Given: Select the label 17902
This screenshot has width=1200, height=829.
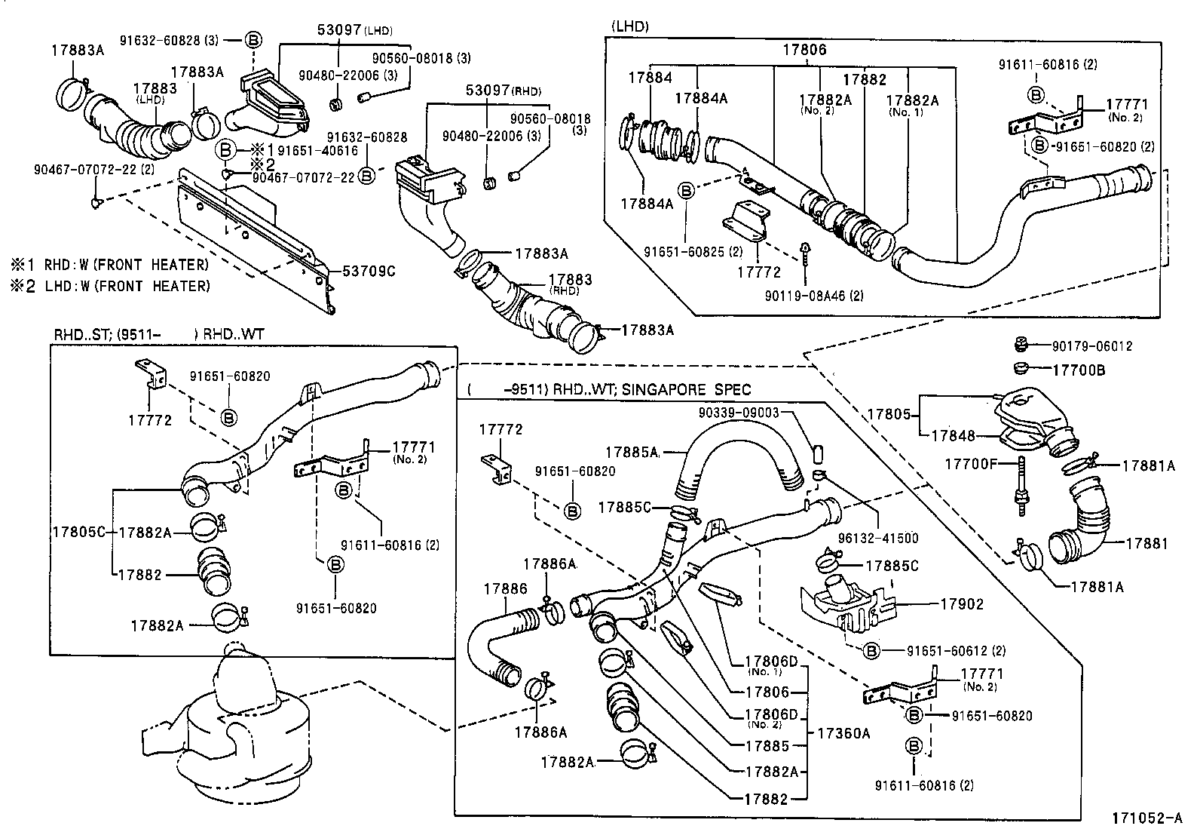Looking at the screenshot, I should pos(962,604).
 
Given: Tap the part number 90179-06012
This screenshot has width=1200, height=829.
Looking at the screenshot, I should pos(1091,346).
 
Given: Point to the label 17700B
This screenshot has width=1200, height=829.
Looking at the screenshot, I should pos(1078,370).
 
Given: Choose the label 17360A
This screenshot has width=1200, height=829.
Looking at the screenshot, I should pos(843,732).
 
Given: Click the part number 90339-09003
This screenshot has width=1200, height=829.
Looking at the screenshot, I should pos(739,413).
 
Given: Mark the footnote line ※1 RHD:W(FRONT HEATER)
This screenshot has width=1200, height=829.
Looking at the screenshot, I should pos(109,265).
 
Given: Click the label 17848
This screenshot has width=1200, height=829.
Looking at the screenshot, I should pos(953,435).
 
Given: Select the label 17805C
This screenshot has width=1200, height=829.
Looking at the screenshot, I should pos(78,532).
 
